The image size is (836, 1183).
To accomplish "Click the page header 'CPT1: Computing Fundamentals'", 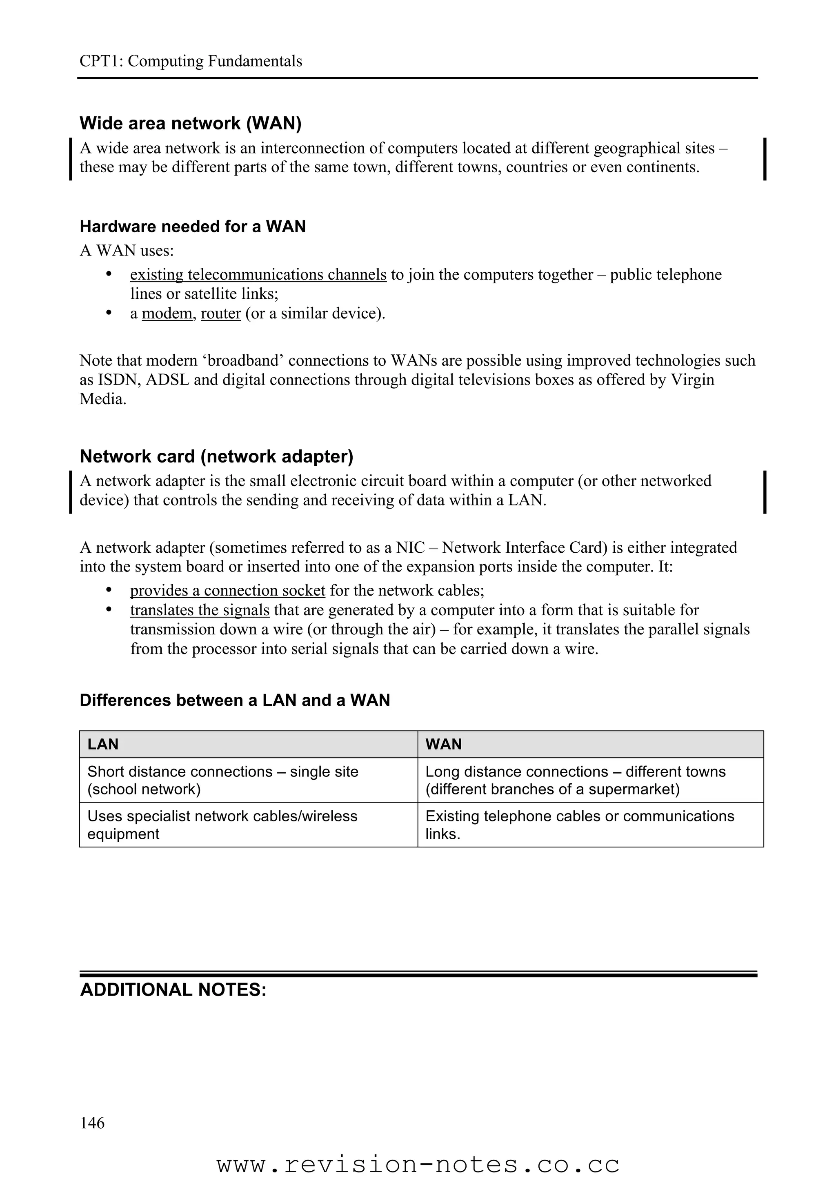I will [x=191, y=61].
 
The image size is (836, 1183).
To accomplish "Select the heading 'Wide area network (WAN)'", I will [x=190, y=123].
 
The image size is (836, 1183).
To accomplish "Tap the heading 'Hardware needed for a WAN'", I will [x=193, y=227].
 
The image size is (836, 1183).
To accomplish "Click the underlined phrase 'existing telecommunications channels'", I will [x=258, y=275].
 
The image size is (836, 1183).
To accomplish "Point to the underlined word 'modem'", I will [x=167, y=313].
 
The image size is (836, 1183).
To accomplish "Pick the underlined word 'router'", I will [x=220, y=313].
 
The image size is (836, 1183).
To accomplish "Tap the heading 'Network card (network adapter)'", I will [x=216, y=456].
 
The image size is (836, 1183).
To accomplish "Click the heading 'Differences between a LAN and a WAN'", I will [x=235, y=700].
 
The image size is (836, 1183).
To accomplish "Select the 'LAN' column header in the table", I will [x=103, y=744].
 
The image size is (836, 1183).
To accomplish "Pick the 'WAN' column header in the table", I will [x=443, y=744].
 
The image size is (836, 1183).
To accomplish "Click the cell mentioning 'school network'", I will [x=222, y=780].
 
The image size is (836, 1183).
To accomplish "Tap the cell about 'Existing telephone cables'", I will [x=580, y=825].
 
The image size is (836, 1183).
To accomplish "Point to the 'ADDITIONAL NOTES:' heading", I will [x=173, y=990].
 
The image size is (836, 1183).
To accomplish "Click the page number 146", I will [x=92, y=1123].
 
